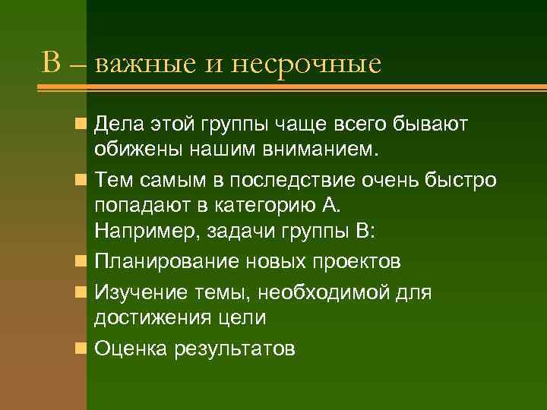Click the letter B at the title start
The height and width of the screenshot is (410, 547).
(51, 63)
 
